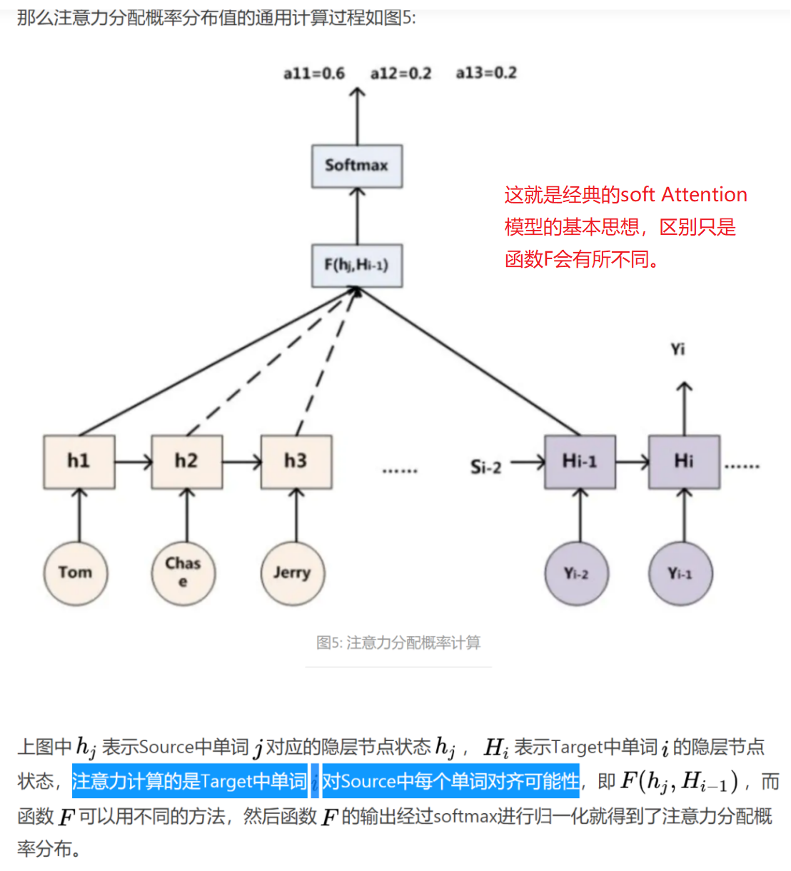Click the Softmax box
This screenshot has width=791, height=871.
click(357, 166)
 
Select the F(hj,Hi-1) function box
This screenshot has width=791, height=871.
click(357, 266)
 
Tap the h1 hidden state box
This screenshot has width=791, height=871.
click(79, 462)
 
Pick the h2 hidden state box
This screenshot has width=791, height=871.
click(187, 462)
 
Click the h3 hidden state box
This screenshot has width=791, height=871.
click(296, 462)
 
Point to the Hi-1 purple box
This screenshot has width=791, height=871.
click(580, 462)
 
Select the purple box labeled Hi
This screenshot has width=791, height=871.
click(684, 462)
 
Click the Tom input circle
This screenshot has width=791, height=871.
click(76, 573)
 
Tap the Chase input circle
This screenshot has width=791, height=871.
click(183, 573)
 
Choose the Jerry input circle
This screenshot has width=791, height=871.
click(293, 573)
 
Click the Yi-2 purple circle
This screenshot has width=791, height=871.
click(577, 573)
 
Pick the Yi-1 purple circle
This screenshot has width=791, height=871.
click(680, 573)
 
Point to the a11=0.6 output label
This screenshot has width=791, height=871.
click(314, 74)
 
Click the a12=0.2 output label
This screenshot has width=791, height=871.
click(400, 74)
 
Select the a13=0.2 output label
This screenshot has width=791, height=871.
click(486, 74)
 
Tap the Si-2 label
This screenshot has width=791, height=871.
click(485, 468)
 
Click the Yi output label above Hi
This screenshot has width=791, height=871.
click(677, 349)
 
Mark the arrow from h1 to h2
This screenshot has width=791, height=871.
click(133, 463)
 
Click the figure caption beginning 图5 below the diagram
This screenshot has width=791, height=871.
click(398, 643)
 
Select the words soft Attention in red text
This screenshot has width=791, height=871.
click(683, 195)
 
